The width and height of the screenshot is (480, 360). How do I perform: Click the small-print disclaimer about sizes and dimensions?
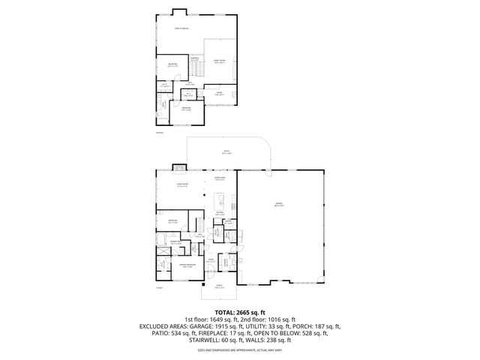click(239, 349)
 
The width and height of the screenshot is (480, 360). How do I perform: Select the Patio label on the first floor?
click(225, 153)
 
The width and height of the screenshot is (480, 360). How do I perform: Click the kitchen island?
click(221, 201)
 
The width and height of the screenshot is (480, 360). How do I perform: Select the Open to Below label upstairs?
click(181, 29)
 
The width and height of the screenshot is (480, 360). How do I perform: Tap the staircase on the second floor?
click(196, 70)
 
